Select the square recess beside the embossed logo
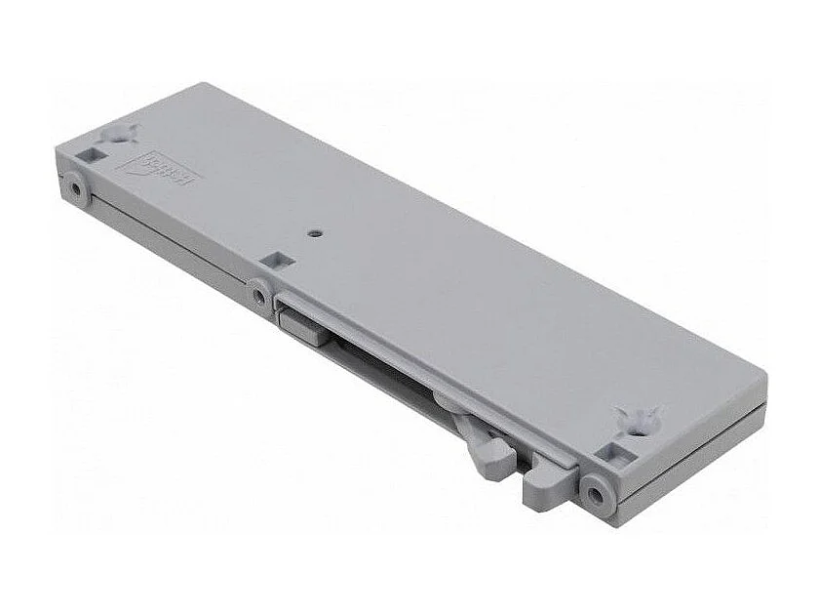tap(97, 153)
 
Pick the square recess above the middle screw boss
tap(276, 261)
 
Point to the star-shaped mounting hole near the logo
tap(118, 133)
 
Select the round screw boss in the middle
tap(258, 292)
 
